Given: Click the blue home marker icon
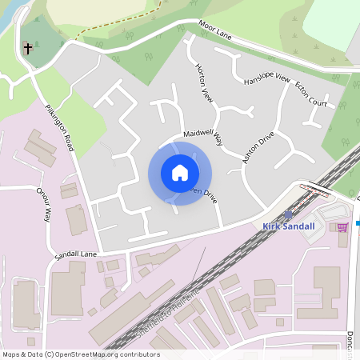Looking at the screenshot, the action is tap(180, 172).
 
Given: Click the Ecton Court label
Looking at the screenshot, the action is tap(311, 93).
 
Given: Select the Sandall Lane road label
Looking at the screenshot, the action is tap(75, 255).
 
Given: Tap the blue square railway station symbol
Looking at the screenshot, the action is tap(288, 215).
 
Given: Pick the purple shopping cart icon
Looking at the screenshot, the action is tap(342, 228).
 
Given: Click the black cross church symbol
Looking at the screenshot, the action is tap(29, 48).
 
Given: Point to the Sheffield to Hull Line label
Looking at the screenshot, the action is tap(172, 318).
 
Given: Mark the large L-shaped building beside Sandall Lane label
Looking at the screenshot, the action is tap(69, 288).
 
